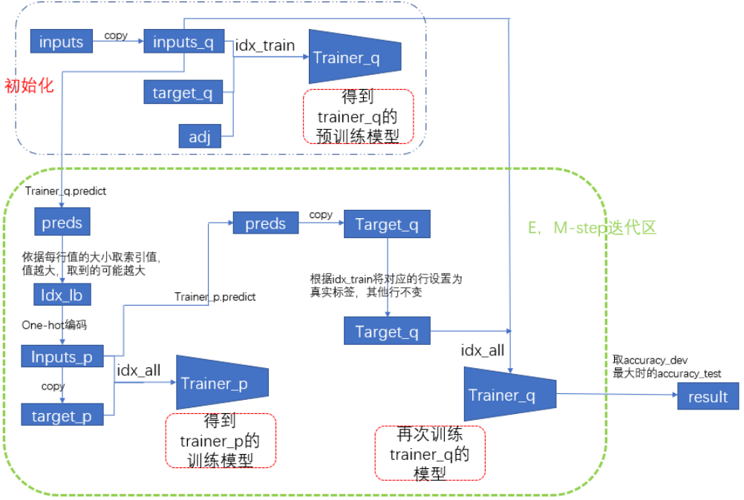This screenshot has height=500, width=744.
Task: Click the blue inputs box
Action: pyautogui.click(x=61, y=42)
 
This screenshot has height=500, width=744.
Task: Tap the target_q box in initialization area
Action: pyautogui.click(x=183, y=93)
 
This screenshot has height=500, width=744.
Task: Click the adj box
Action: pyautogui.click(x=200, y=136)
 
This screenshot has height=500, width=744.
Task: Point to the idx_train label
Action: pyautogui.click(x=265, y=45)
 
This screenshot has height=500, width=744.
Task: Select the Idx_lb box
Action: pyautogui.click(x=62, y=295)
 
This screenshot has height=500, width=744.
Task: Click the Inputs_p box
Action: pyautogui.click(x=62, y=356)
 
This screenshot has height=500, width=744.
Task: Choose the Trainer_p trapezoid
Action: pyautogui.click(x=220, y=383)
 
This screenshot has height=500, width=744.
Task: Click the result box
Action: pyautogui.click(x=708, y=396)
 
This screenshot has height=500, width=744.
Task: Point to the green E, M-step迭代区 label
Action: pyautogui.click(x=592, y=228)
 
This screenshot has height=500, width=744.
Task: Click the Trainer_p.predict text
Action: pyautogui.click(x=215, y=297)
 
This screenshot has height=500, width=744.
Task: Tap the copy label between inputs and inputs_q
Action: pyautogui.click(x=116, y=35)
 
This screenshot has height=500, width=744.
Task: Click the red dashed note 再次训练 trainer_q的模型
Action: pyautogui.click(x=430, y=453)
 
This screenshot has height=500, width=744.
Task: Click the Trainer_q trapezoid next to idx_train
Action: pyautogui.click(x=353, y=57)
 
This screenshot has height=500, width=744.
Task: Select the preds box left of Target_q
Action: pyautogui.click(x=265, y=223)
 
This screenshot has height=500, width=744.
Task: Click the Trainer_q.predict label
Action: pyautogui.click(x=65, y=191)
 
